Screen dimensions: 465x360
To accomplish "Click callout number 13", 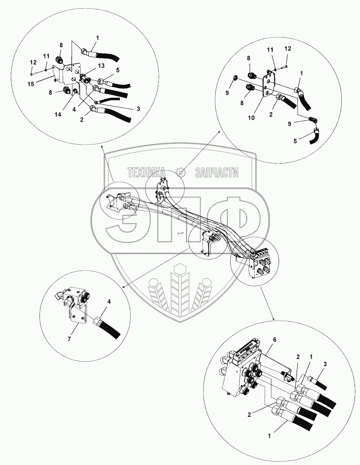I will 101,66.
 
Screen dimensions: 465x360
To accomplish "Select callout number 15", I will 31,84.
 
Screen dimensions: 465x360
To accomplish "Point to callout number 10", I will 251,118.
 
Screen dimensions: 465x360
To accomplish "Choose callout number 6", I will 274,339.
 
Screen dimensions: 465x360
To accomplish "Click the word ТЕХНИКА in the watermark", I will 147,173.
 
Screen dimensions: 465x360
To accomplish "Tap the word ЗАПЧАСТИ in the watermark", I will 217,173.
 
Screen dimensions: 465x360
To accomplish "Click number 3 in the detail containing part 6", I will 325,364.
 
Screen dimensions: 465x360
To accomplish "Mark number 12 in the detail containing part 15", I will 33,62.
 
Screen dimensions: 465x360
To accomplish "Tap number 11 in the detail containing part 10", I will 270,50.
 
